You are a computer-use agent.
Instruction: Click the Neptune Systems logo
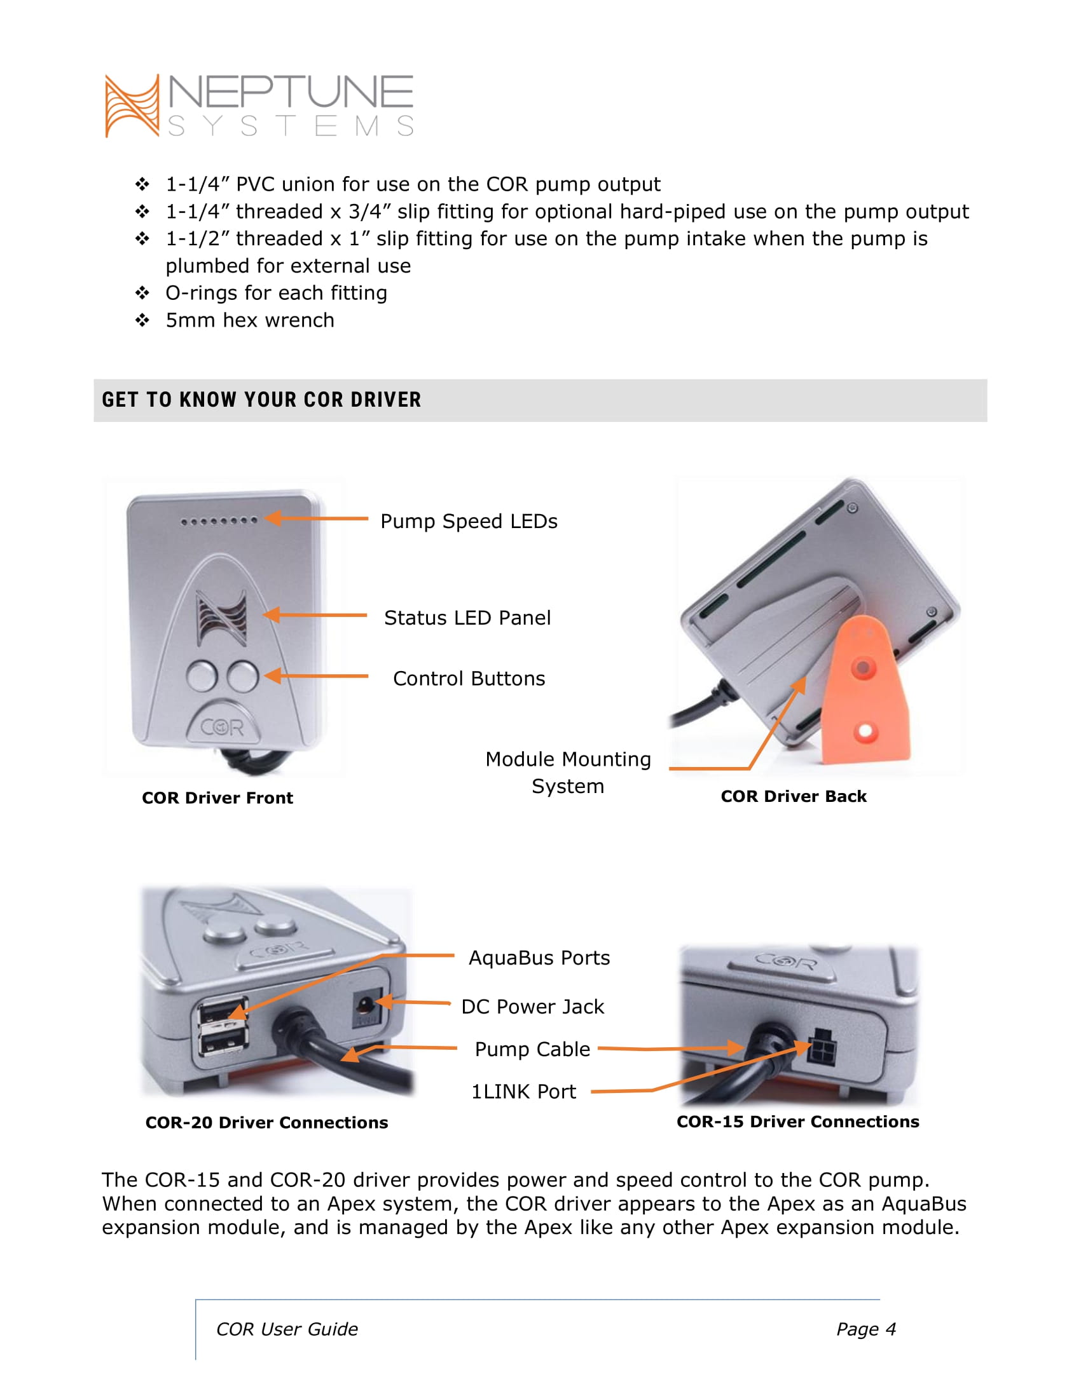click(x=259, y=105)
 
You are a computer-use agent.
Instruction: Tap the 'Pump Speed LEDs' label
click(x=469, y=522)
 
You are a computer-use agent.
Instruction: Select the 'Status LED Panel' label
click(x=467, y=618)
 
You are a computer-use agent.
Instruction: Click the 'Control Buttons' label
click(x=469, y=679)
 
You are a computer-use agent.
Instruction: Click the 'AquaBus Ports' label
click(x=539, y=958)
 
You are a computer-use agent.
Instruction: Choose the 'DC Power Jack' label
click(x=532, y=1007)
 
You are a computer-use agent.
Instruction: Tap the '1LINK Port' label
click(x=523, y=1091)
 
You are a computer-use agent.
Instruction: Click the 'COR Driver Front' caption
click(x=217, y=798)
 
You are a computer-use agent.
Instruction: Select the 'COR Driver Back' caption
click(x=794, y=796)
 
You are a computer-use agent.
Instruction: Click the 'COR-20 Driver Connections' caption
click(x=266, y=1123)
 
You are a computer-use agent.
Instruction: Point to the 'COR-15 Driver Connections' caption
click(x=798, y=1122)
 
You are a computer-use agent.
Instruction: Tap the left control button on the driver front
click(x=202, y=676)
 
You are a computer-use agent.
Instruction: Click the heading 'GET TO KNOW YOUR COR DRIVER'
click(x=261, y=400)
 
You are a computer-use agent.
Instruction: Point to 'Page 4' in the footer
click(x=866, y=1329)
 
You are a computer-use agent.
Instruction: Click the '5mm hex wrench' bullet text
click(x=250, y=320)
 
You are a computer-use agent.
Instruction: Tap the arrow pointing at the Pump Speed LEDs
click(x=317, y=518)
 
